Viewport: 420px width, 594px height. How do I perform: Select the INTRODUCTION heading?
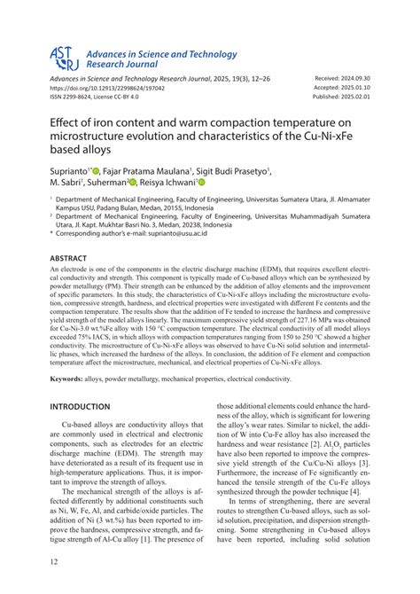pos(86,407)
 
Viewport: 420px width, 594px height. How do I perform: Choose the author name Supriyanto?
pos(74,169)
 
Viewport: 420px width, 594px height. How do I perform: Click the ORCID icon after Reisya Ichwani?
pos(201,183)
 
